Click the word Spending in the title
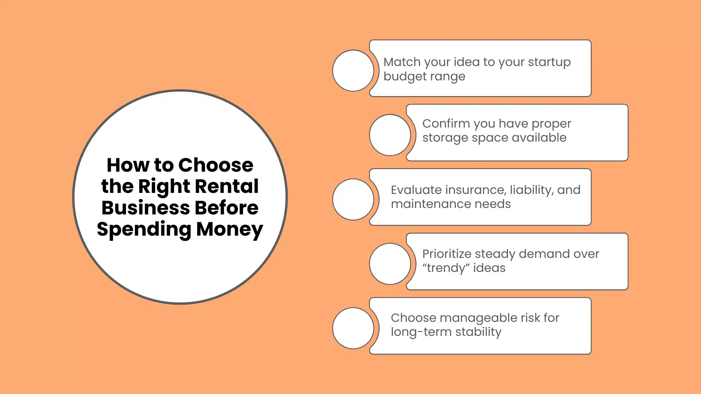[144, 229]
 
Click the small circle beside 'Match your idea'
[353, 70]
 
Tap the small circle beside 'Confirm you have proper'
[390, 135]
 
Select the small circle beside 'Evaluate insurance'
[353, 199]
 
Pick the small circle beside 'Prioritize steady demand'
[390, 264]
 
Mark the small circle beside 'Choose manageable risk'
[353, 328]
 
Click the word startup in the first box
[549, 62]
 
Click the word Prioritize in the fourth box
[447, 254]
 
